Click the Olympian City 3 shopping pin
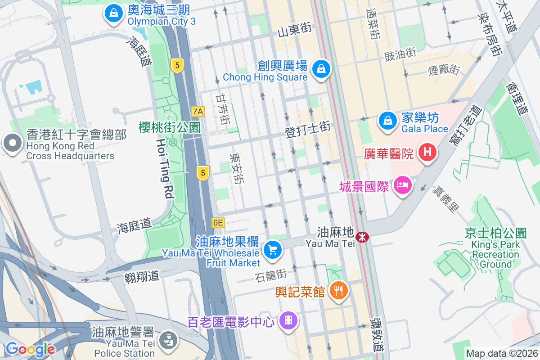(x=114, y=13)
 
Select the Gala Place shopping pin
(x=387, y=121)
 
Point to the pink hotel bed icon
(x=402, y=184)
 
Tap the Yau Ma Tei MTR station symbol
(x=361, y=236)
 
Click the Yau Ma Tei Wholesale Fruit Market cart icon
(x=272, y=249)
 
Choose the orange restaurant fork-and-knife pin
(x=338, y=290)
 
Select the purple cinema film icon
(x=288, y=320)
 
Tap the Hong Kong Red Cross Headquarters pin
(x=12, y=144)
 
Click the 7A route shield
(x=198, y=111)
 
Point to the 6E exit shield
(x=218, y=222)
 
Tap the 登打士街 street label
(x=307, y=130)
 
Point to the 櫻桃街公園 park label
(x=169, y=127)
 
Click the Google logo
(x=30, y=349)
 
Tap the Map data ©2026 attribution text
(x=501, y=354)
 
